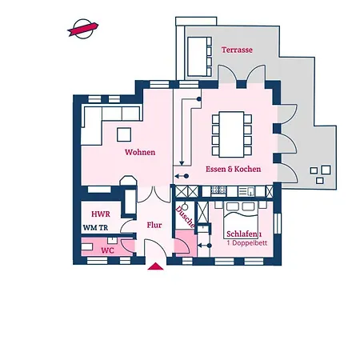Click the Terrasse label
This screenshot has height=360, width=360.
tap(237, 50)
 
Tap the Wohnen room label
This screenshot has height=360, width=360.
tap(140, 152)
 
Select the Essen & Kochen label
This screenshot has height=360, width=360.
tap(234, 169)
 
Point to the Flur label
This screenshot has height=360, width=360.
tap(154, 225)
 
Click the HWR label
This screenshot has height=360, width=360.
tap(101, 214)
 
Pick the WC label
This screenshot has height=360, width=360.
tap(107, 250)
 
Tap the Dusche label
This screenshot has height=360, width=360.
tap(185, 217)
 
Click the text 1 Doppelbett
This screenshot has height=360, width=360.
tap(247, 243)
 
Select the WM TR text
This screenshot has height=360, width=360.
tap(95, 228)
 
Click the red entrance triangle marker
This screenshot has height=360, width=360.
tap(155, 266)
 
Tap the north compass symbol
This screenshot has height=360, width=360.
tap(83, 29)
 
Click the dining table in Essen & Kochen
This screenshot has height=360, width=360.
tap(232, 134)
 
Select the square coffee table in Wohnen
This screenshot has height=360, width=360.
tap(124, 134)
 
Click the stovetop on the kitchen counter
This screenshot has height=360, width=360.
tap(218, 191)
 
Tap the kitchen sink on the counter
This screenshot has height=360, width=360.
tap(246, 191)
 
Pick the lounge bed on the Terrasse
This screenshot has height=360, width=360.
tap(199, 57)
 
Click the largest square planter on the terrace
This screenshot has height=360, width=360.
tap(326, 170)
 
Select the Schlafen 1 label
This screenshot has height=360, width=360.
tap(244, 234)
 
